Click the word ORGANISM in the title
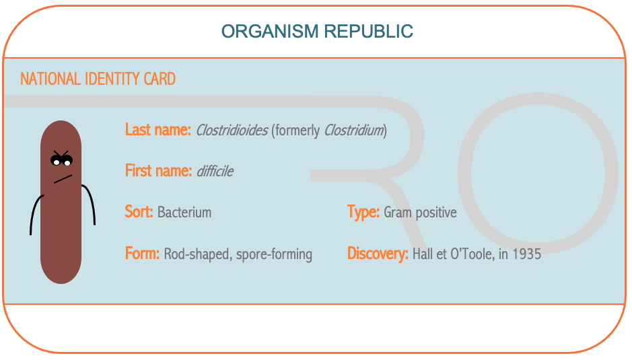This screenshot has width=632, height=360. tap(270, 32)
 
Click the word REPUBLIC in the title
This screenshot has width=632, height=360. tap(368, 32)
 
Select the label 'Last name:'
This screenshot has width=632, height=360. tap(158, 130)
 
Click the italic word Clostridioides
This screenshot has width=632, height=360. tap(232, 131)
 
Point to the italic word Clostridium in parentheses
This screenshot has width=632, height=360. tap(353, 131)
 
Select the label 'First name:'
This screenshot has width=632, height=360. tap(158, 171)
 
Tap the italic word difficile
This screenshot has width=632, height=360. tap(215, 172)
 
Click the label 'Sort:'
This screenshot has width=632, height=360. tap(139, 212)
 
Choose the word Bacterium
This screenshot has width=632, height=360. tap(184, 212)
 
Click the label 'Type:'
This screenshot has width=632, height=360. tap(363, 212)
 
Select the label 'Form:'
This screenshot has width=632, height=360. tap(142, 254)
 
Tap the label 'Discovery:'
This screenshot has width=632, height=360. tap(378, 254)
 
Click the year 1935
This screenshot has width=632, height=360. tap(526, 254)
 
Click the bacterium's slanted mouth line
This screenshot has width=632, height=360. tap(63, 179)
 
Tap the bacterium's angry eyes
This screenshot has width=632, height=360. tap(61, 158)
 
